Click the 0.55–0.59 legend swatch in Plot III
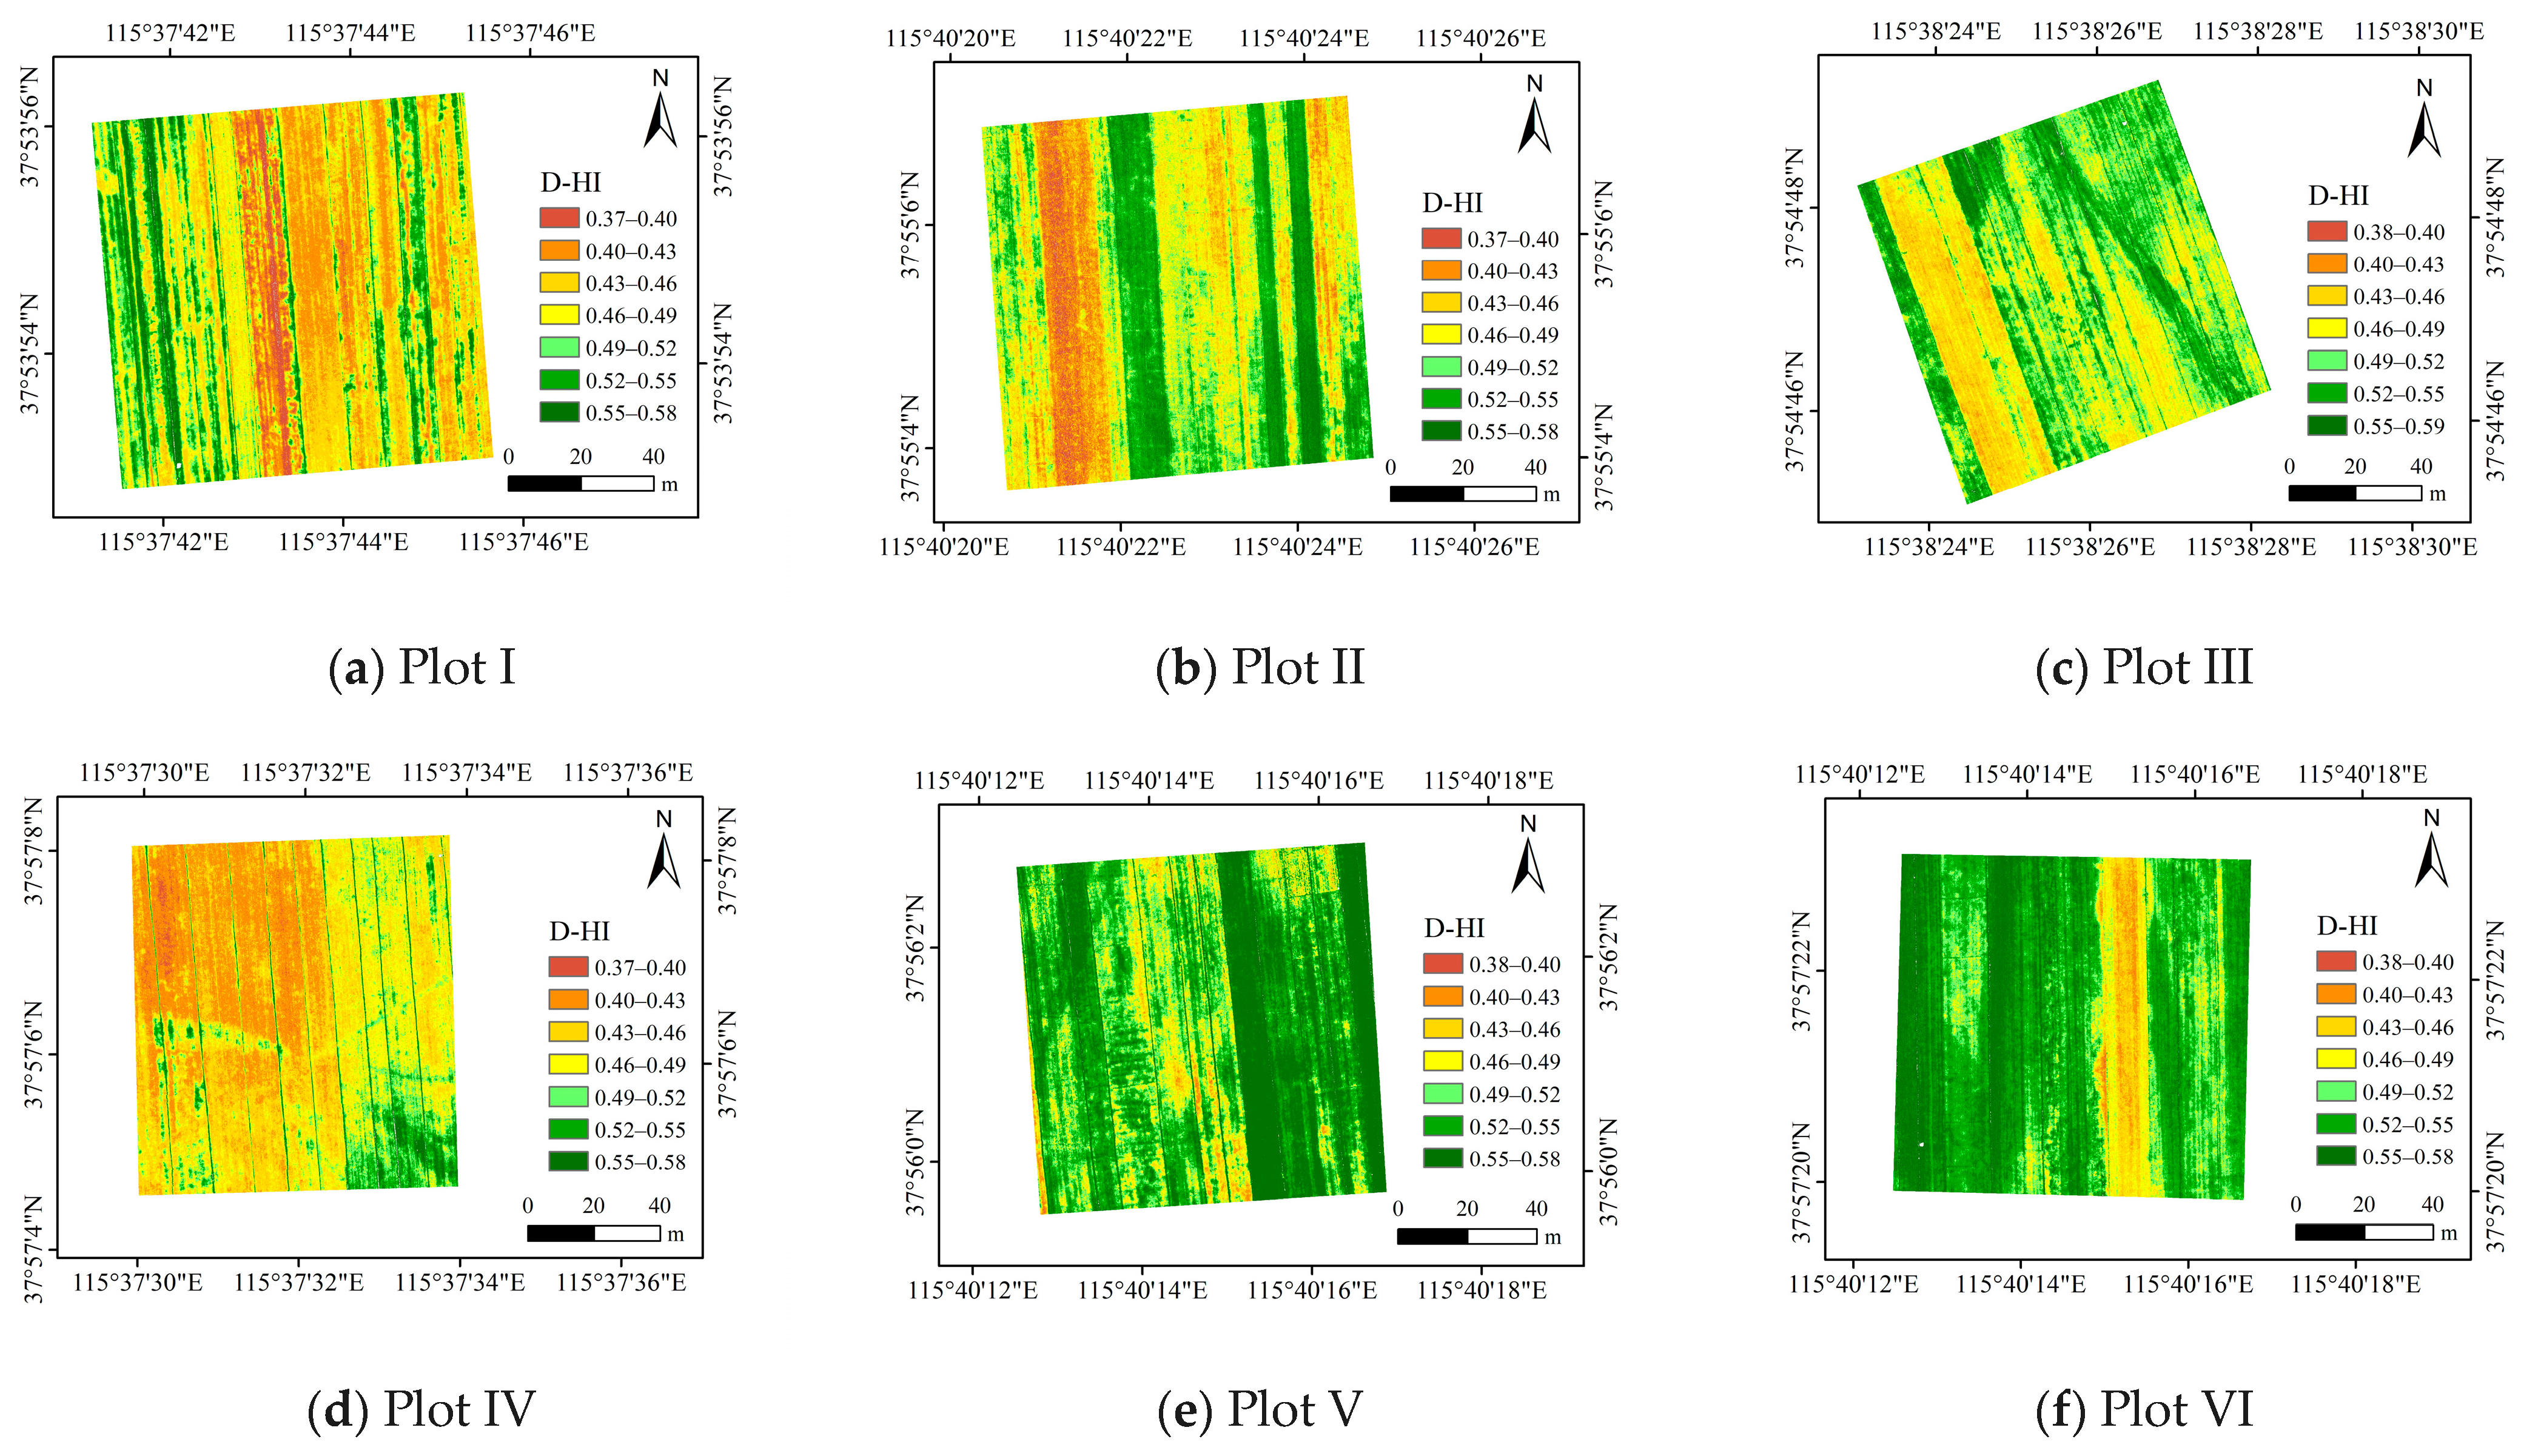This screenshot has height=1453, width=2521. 2326,426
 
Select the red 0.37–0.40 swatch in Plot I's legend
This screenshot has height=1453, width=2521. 559,218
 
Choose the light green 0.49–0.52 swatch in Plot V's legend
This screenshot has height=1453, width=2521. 1442,1094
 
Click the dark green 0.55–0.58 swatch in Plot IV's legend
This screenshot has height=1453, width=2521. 568,1161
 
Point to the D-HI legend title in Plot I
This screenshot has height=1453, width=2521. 571,183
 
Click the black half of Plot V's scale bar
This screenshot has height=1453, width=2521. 1432,1237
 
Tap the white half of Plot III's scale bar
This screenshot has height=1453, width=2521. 2388,493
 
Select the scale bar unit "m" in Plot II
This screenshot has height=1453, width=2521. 1551,494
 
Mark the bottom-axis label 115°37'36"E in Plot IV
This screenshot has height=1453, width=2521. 621,1283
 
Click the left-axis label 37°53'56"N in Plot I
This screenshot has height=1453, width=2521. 30,127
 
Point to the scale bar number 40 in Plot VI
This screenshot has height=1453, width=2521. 2432,1204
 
